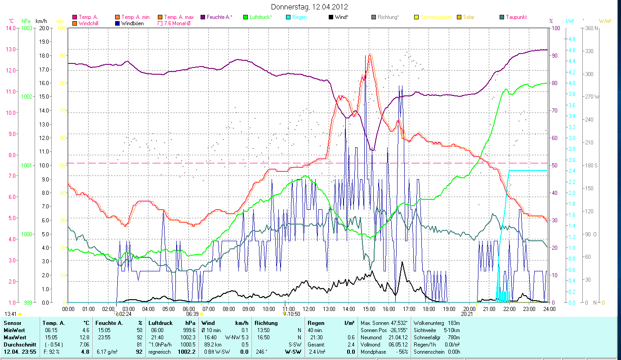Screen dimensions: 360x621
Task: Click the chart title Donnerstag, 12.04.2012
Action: pos(310,7)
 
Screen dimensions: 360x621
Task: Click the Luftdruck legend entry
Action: pos(260,17)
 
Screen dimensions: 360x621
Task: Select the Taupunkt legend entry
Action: pos(516,17)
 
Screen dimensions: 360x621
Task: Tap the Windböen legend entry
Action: pos(132,23)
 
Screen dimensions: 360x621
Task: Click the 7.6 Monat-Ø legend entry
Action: pos(177,23)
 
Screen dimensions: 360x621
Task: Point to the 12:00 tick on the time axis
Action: pos(308,309)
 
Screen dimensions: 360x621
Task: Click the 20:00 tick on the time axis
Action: pos(469,309)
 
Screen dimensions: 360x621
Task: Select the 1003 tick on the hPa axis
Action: pos(27,28)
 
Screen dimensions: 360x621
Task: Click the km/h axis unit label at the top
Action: pos(41,21)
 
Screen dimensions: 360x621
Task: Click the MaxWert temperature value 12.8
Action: pos(85,337)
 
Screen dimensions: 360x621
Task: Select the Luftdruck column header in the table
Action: pos(160,323)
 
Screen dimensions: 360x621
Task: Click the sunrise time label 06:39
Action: pos(192,314)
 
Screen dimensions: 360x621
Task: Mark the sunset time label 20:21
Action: pos(466,314)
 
